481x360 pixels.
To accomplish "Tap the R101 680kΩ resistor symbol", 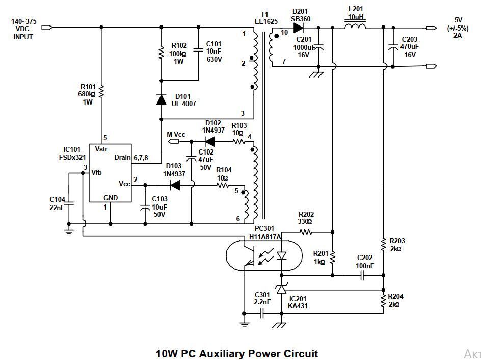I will [102, 91].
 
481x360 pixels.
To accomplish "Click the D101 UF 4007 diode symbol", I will [161, 99].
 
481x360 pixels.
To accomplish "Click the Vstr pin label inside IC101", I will [102, 149].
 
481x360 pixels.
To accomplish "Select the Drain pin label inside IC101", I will [122, 158].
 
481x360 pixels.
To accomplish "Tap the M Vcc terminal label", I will [176, 134].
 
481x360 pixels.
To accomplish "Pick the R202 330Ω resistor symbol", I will [306, 232].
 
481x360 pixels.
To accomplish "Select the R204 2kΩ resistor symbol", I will [383, 300].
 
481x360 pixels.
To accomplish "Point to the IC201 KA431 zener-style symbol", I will [281, 289].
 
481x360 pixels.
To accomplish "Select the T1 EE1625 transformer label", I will [264, 18].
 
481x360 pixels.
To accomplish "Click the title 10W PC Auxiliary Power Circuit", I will [236, 353].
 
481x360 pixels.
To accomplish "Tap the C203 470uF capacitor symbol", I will [392, 46].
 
